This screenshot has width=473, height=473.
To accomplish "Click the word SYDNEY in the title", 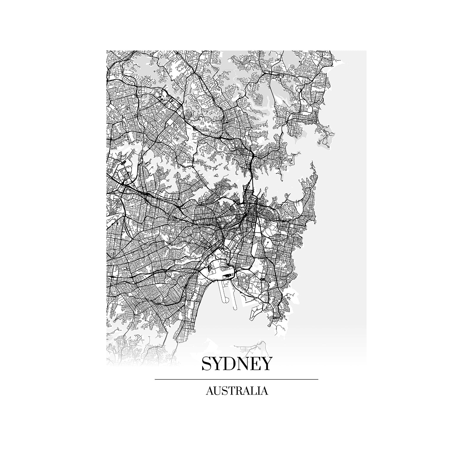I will (236, 364).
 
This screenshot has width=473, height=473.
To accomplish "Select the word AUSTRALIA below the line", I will (237, 391).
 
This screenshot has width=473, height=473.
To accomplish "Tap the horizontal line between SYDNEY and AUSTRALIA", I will (236, 379).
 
